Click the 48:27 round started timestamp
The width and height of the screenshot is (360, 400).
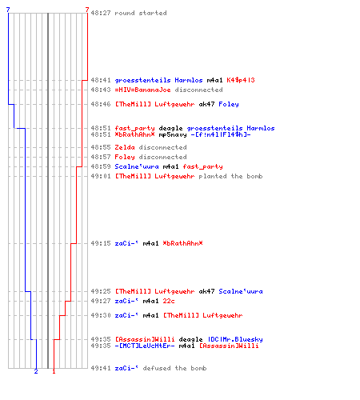[x=101, y=13]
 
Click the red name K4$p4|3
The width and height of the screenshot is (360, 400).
[x=241, y=80]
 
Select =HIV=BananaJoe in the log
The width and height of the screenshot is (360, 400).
[x=142, y=90]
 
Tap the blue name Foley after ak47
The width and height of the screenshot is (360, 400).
[x=229, y=104]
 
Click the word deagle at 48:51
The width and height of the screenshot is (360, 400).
[x=170, y=129]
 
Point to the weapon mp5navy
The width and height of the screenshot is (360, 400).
[x=173, y=134]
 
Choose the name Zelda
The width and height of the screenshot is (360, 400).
[x=125, y=147]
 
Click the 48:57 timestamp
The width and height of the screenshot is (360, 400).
[x=101, y=157]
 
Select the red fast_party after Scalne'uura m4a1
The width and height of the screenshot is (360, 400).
[x=202, y=166]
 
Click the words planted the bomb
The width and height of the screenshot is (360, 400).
[x=230, y=176]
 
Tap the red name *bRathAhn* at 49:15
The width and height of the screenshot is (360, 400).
[x=182, y=243]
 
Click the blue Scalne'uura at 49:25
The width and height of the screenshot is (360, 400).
[x=241, y=291]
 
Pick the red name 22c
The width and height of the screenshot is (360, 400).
[x=169, y=301]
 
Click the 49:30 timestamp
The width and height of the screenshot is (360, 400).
[x=101, y=315]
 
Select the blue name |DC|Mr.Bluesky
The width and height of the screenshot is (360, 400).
[x=235, y=339]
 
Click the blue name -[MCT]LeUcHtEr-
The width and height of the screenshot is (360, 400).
[x=145, y=346]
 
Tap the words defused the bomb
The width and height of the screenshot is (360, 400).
[x=174, y=368]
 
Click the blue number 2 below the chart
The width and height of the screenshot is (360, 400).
[x=36, y=371]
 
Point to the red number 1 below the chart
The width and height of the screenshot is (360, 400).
[x=54, y=371]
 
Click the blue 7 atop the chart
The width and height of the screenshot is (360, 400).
[x=8, y=10]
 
